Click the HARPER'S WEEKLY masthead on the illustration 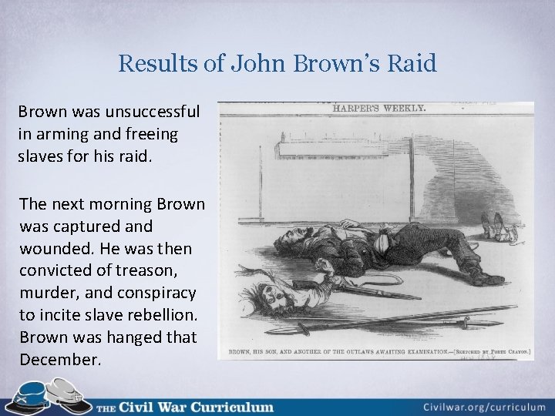click(378, 109)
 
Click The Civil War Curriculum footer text click(185, 406)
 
